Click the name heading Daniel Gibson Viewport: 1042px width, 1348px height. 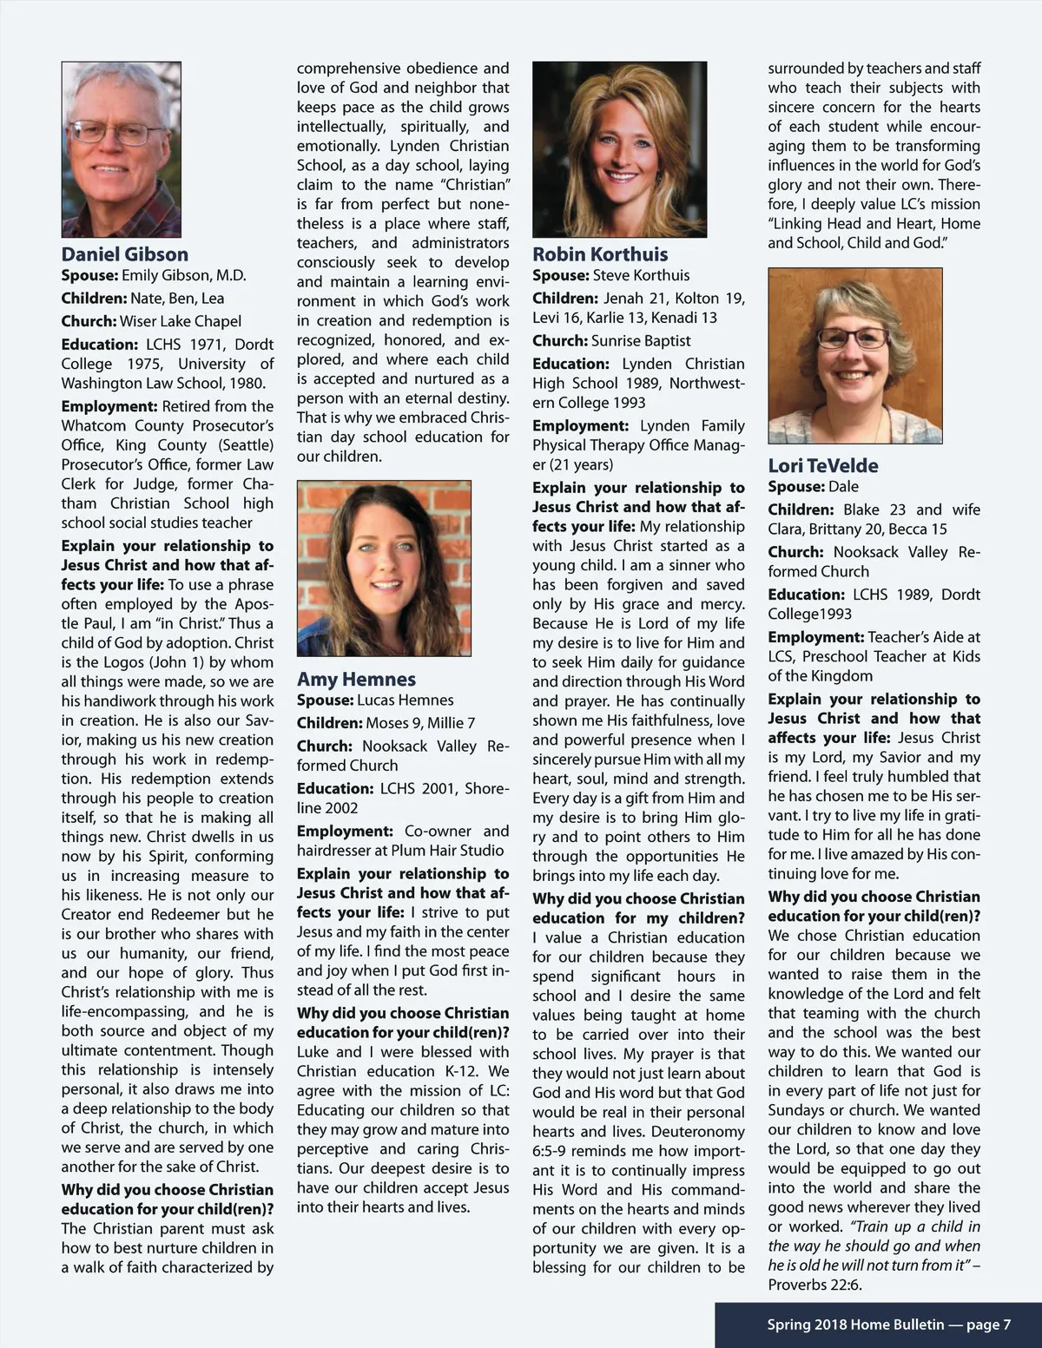tap(124, 254)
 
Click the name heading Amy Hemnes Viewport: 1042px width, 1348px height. tap(356, 679)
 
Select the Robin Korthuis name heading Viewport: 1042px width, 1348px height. tap(600, 254)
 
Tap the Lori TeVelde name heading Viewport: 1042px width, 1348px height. tap(822, 465)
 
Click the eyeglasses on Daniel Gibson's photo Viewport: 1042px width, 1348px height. tap(111, 134)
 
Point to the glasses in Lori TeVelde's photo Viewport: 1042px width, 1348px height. tap(854, 337)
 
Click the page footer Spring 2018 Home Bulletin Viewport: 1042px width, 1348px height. tap(888, 1325)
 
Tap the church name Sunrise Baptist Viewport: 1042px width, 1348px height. tap(641, 341)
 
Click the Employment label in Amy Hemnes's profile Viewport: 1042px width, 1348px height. tap(345, 832)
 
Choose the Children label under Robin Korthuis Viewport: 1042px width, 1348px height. tap(565, 299)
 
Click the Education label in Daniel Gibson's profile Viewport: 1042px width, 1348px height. tap(99, 345)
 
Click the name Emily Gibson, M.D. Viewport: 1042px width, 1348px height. tap(184, 276)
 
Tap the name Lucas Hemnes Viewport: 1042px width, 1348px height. tap(406, 700)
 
